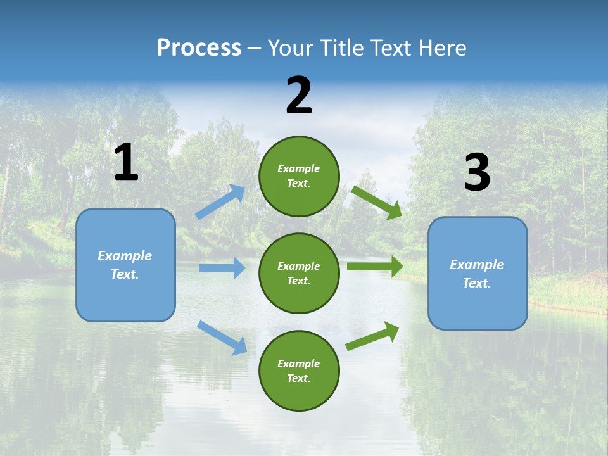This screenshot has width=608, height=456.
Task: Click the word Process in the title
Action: [x=199, y=48]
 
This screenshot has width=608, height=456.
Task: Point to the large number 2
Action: [x=299, y=96]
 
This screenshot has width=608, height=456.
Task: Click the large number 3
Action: [x=477, y=173]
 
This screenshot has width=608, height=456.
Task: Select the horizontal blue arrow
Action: [x=222, y=268]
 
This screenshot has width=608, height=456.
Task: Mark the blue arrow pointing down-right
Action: [x=222, y=338]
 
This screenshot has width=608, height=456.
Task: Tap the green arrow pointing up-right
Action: [x=372, y=336]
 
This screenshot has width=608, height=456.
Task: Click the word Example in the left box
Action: [x=125, y=256]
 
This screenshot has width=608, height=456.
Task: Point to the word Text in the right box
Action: [x=476, y=283]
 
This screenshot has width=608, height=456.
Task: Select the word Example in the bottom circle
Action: [x=298, y=364]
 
